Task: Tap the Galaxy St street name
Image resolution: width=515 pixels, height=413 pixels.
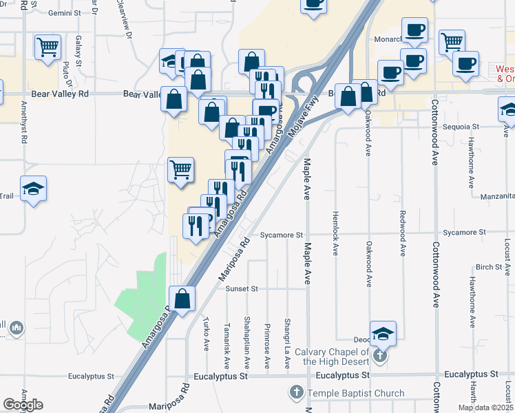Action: (79, 51)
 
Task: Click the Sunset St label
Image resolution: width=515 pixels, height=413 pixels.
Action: (241, 289)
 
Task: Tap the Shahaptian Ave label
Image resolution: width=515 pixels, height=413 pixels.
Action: (246, 342)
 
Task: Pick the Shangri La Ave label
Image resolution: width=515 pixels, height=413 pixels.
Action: (288, 346)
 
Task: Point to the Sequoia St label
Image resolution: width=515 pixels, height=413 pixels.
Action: (462, 127)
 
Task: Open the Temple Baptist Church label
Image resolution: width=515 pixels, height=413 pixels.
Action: (356, 394)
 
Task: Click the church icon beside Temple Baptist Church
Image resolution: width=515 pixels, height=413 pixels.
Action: (296, 394)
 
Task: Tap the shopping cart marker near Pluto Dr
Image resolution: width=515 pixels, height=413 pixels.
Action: (48, 47)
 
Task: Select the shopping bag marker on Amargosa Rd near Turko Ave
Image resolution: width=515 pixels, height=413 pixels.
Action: (182, 299)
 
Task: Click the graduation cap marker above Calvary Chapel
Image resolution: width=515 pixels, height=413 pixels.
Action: (383, 335)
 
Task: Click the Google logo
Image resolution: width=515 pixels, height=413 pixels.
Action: (23, 405)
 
